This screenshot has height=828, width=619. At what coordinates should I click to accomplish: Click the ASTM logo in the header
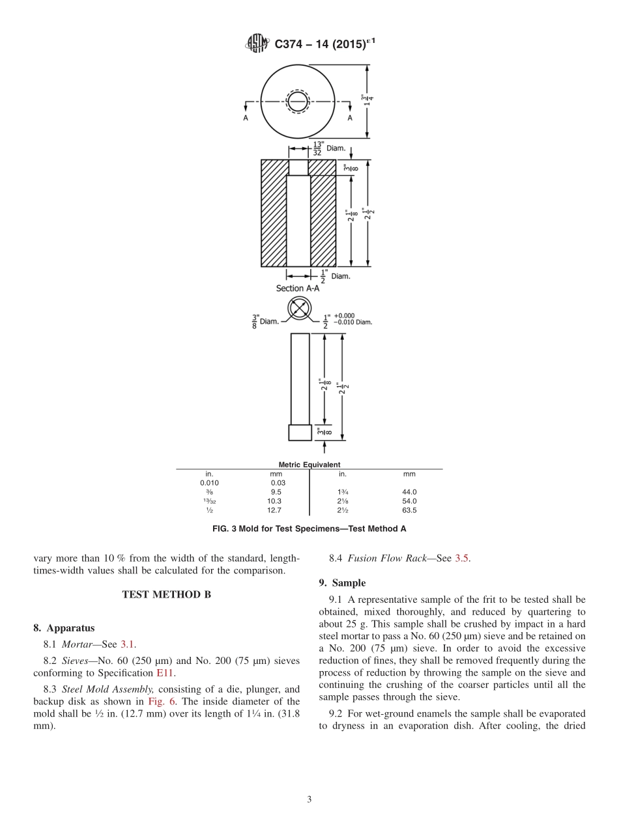(257, 44)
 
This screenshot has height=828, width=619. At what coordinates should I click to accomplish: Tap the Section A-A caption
(298, 288)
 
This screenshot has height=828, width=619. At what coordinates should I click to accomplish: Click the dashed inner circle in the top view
(298, 102)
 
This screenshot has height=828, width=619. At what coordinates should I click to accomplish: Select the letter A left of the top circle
(246, 118)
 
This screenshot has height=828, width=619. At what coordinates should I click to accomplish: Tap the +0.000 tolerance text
(344, 316)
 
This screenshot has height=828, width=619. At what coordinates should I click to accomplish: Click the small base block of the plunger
(300, 432)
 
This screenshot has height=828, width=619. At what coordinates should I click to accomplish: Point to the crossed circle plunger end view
(299, 309)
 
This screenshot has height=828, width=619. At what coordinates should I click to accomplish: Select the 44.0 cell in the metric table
(409, 492)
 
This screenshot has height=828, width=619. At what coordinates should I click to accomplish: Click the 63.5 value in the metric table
(409, 510)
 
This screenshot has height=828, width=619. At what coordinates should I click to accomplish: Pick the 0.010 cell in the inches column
(209, 483)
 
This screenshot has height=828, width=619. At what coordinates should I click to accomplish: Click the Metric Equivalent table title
(309, 465)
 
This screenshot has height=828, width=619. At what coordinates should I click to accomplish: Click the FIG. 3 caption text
(309, 529)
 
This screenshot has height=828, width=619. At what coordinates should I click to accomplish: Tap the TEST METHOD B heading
(166, 594)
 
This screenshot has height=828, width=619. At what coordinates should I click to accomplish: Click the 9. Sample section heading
(342, 583)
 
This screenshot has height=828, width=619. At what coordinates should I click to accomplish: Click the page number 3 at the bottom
(309, 799)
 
